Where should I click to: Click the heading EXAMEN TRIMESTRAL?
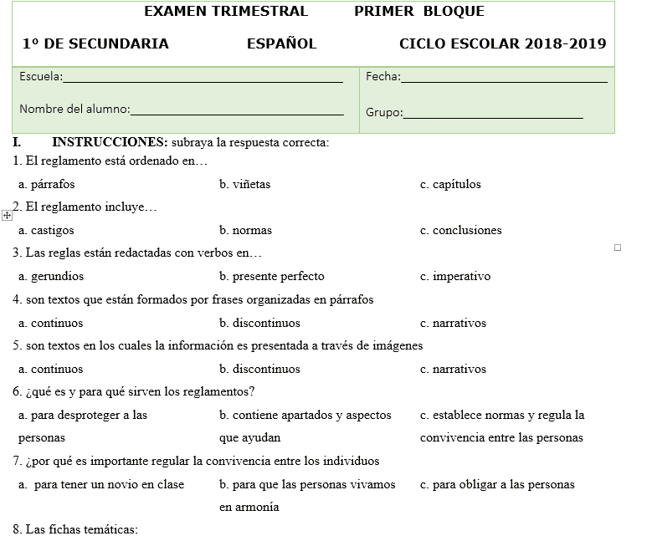point(226,12)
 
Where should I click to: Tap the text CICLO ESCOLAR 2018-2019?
point(502,44)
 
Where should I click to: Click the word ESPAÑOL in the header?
point(281,44)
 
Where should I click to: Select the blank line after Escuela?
point(203,80)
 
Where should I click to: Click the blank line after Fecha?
point(504,80)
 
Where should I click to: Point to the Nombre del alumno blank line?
point(237,112)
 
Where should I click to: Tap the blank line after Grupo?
point(493,115)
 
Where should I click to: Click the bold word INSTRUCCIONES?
point(110,142)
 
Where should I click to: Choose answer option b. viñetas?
point(244,184)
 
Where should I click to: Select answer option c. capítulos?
point(450,184)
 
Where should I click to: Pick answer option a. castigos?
point(46,230)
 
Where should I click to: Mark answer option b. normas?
point(245,230)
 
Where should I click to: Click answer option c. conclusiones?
point(460,230)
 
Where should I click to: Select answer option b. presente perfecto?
point(271,276)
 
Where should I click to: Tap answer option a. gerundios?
point(51,276)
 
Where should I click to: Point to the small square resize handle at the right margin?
point(618,248)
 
